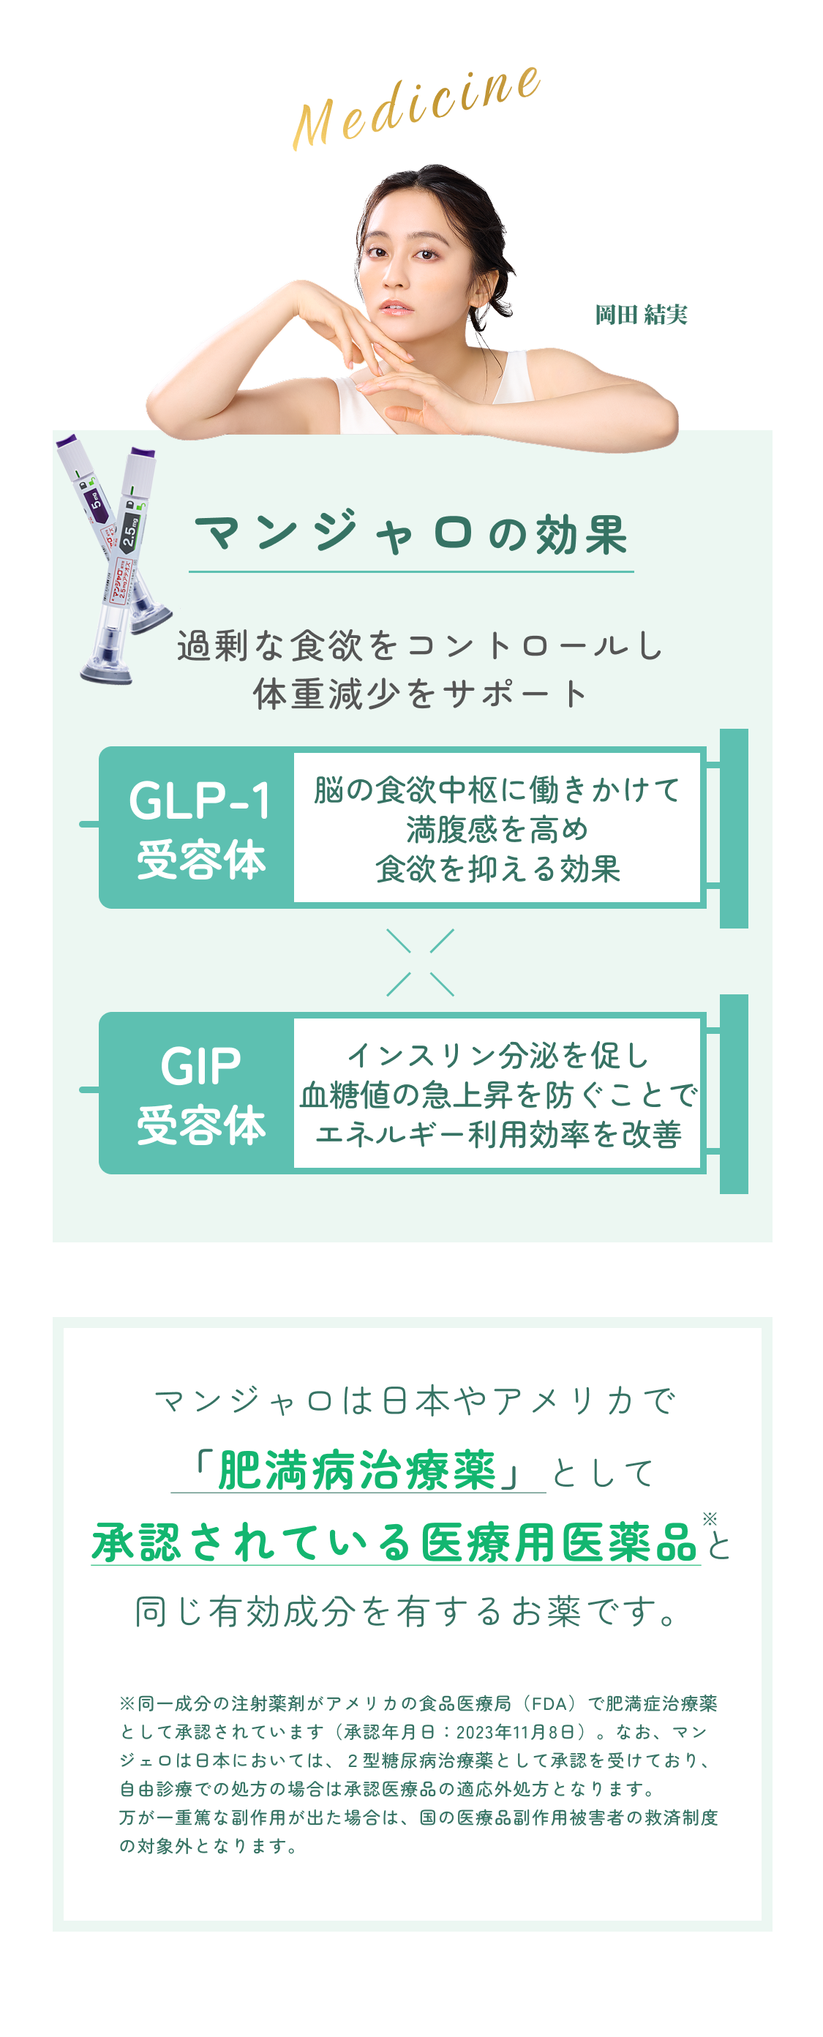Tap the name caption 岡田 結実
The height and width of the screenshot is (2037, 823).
[x=640, y=315]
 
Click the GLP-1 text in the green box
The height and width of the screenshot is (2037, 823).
[x=199, y=800]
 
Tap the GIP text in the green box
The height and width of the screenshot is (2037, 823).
[x=200, y=1066]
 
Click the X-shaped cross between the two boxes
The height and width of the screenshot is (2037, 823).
[x=420, y=961]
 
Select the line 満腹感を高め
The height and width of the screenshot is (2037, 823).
[x=497, y=830]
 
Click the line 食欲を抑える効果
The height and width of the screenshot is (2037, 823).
[x=497, y=869]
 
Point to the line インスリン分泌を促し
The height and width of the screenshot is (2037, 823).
[x=497, y=1055]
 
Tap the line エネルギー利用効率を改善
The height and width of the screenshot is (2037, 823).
[x=497, y=1134]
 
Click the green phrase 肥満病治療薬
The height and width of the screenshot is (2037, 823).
[x=356, y=1471]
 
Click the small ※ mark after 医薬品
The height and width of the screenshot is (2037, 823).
[x=709, y=1518]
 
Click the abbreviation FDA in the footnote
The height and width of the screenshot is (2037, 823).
[x=550, y=1703]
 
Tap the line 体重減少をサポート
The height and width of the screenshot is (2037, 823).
[x=420, y=694]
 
